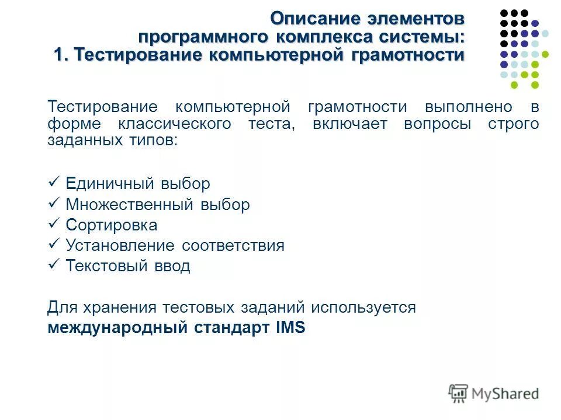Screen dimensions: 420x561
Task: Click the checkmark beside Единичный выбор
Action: [x=53, y=183]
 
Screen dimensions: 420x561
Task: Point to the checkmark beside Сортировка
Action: [x=53, y=224]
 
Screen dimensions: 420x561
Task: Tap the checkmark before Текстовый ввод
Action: [x=53, y=265]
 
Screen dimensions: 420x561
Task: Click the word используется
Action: [x=363, y=307]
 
